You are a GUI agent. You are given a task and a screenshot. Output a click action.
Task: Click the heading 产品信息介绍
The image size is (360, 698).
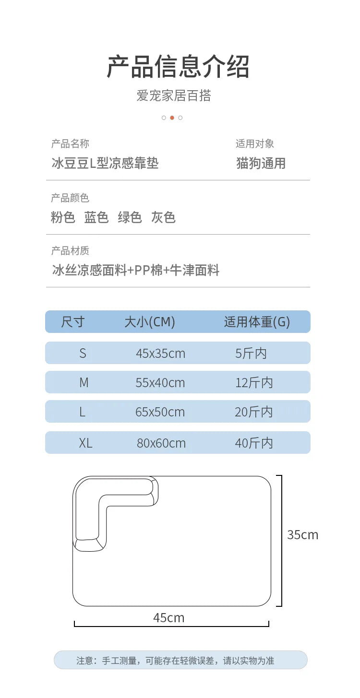click(178, 66)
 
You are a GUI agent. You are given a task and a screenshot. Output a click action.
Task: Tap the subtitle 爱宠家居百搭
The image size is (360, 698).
click(174, 95)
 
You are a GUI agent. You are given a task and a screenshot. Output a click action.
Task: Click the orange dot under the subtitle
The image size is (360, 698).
click(172, 118)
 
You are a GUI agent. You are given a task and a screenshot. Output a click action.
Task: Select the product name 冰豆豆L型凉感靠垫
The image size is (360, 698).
click(105, 163)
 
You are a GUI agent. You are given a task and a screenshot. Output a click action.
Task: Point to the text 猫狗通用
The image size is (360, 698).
click(261, 163)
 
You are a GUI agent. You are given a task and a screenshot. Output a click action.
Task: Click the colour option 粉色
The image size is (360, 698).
click(63, 217)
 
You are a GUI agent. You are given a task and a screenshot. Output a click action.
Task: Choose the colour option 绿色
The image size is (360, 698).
click(130, 217)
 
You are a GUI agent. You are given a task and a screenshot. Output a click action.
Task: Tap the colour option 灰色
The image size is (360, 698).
click(163, 217)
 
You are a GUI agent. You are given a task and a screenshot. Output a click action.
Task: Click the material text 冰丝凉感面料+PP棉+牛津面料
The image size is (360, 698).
click(135, 270)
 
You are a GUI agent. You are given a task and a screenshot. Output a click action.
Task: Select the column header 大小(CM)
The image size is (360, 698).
click(150, 321)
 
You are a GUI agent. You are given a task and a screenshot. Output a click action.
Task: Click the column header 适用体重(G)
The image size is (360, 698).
click(257, 321)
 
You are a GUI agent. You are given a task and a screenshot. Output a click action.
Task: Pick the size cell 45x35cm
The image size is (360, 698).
click(160, 354)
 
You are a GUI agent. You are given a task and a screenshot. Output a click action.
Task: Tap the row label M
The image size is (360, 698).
click(84, 382)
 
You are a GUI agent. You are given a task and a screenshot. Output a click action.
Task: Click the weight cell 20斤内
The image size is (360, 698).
click(254, 412)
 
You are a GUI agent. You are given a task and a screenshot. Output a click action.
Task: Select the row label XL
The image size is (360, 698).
click(85, 443)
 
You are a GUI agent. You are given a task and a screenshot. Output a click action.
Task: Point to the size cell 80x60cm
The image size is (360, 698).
click(161, 443)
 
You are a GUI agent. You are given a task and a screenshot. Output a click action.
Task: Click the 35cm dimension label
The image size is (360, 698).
click(303, 535)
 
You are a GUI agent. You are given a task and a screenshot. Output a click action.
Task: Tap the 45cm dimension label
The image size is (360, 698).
click(168, 617)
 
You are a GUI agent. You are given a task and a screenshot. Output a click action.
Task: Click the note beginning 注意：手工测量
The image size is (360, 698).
click(175, 660)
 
